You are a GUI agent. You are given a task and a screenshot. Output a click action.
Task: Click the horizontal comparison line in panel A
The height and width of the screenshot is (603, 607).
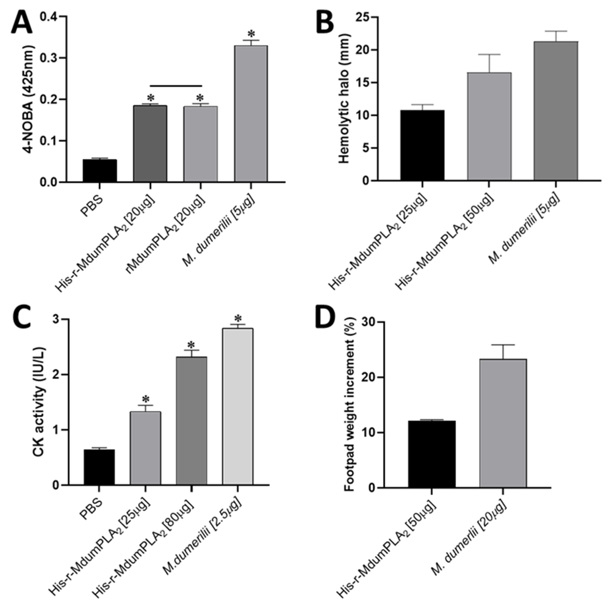click(x=176, y=85)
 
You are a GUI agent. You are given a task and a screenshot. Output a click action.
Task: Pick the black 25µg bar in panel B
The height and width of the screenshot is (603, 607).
click(x=422, y=145)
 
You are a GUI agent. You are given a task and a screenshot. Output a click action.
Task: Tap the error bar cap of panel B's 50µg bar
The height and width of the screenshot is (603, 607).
click(x=489, y=55)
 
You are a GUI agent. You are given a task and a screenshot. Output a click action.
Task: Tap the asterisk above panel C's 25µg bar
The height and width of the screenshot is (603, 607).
click(x=145, y=399)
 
